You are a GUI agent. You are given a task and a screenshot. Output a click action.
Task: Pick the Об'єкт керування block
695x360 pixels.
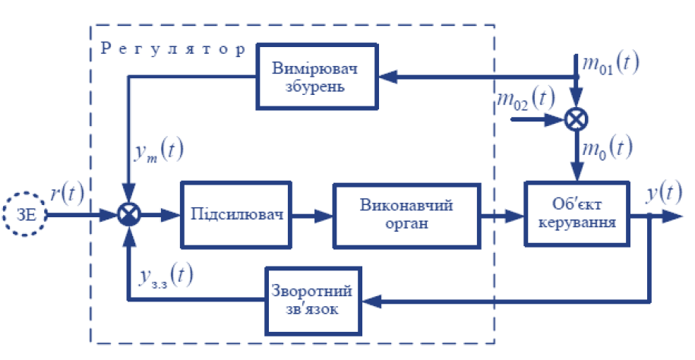(578, 215)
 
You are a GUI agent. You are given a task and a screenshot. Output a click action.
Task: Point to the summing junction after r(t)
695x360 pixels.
(131, 215)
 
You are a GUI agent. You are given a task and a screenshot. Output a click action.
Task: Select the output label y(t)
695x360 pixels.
(662, 194)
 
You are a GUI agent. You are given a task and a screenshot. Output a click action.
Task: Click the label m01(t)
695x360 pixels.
(608, 62)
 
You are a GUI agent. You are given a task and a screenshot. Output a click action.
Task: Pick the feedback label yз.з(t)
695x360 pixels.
(164, 275)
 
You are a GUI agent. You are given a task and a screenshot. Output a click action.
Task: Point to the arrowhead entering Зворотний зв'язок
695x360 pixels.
(369, 300)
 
